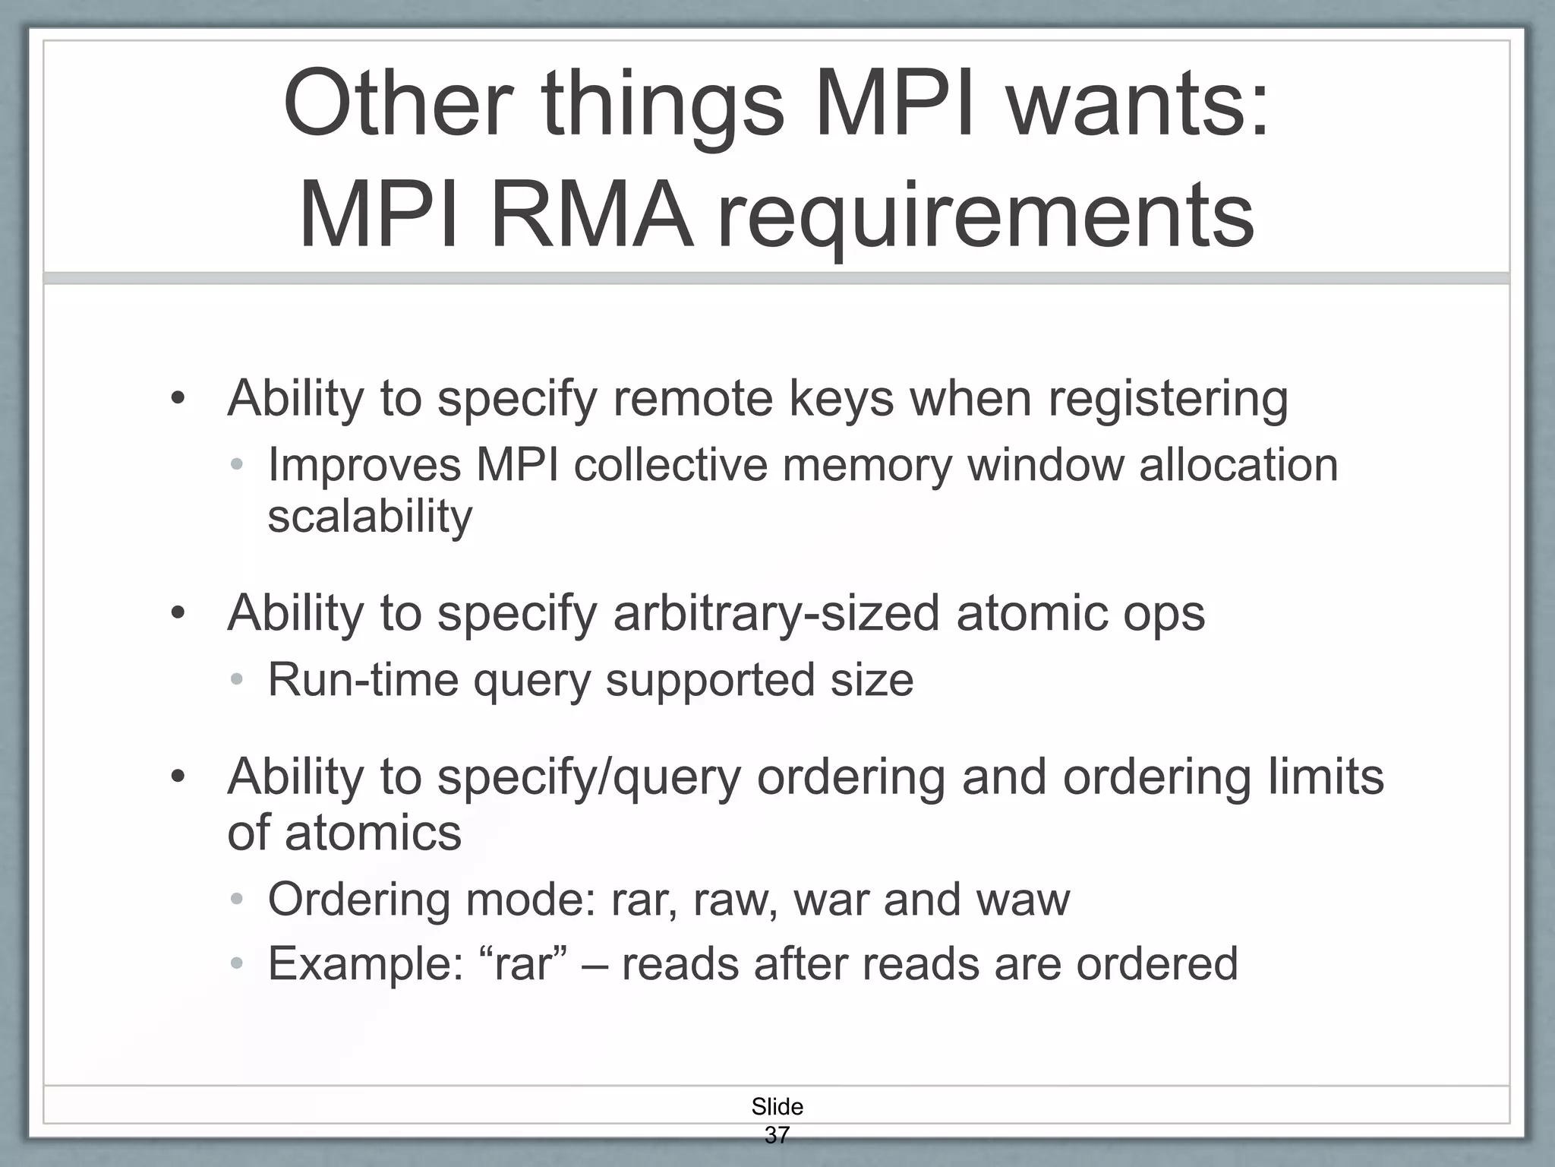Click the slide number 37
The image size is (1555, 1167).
tap(777, 1135)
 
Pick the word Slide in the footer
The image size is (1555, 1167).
tap(777, 1106)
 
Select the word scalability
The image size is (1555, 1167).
tap(370, 517)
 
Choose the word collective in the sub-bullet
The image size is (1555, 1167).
tap(670, 464)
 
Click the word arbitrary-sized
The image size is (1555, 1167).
tap(776, 612)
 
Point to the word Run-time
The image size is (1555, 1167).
tap(363, 679)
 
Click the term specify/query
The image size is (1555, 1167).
tap(588, 776)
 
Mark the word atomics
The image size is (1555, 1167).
tap(373, 833)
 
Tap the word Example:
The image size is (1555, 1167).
tap(365, 964)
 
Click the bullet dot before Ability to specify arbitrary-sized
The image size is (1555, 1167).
tap(178, 612)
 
